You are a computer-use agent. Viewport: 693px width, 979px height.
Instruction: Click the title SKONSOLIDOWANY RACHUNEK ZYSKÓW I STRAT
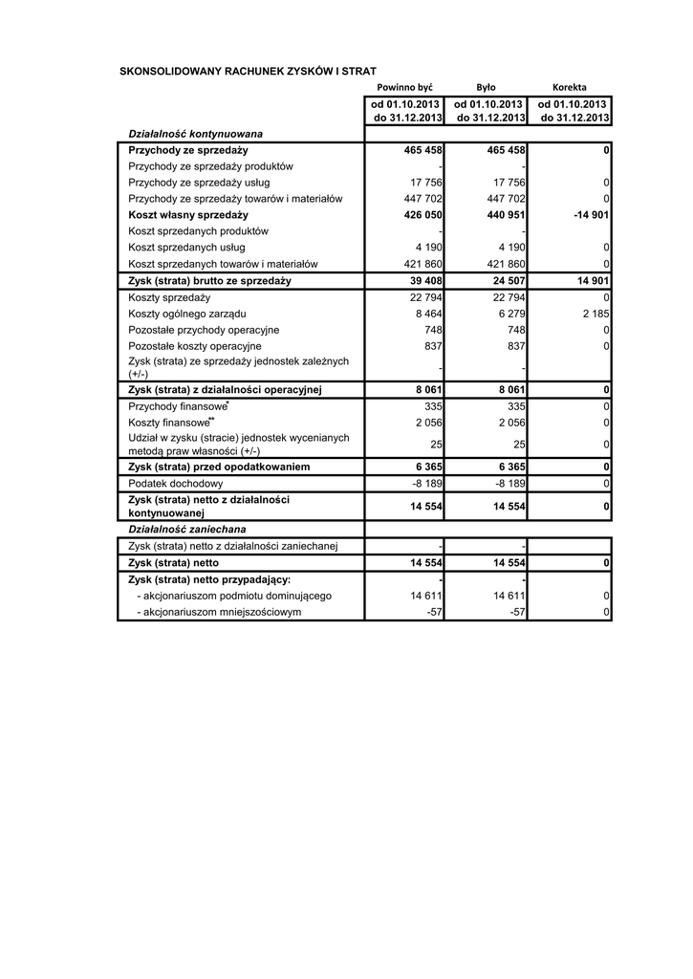coord(248,71)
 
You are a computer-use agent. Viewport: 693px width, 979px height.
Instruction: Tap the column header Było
coord(486,87)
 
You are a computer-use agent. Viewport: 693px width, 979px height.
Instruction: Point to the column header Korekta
coord(570,87)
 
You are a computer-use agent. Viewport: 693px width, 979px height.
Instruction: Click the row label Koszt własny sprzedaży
coord(187,215)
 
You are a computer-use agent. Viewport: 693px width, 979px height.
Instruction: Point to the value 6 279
coord(512,314)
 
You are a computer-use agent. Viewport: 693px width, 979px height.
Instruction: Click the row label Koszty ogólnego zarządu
coord(187,314)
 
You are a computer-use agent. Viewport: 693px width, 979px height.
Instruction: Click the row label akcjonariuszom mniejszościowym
coord(219,612)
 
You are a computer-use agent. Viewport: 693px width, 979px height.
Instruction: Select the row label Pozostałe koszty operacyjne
coord(194,346)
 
